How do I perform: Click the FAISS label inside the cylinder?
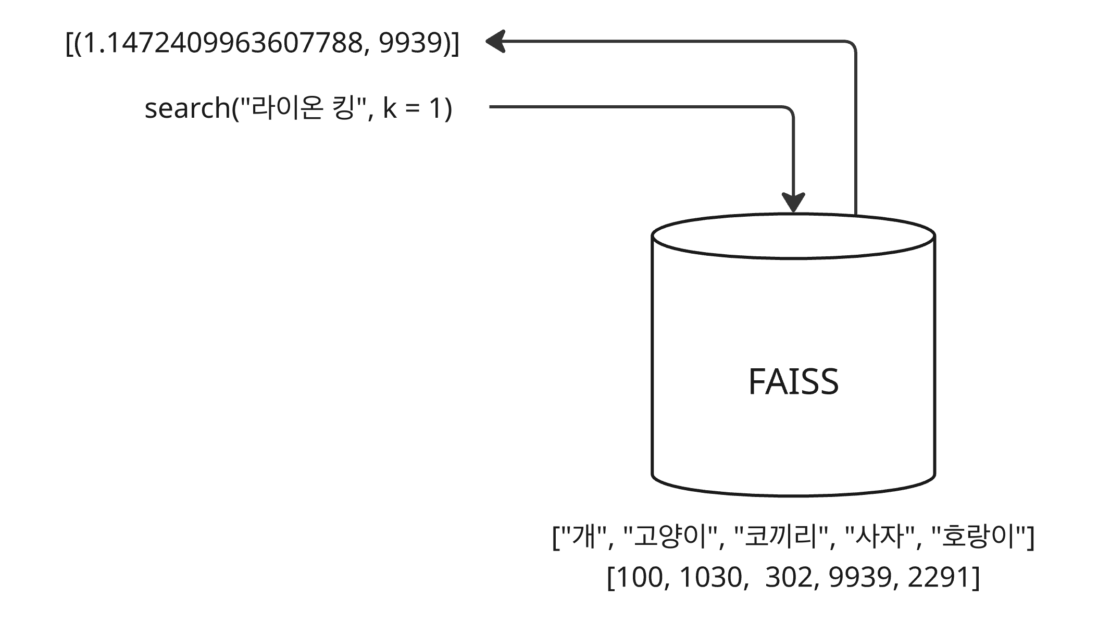(793, 382)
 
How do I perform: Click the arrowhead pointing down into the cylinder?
(793, 202)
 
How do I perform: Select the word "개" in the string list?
(583, 537)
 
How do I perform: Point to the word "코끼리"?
(781, 537)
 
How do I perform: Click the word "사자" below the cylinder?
(879, 537)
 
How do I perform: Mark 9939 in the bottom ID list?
(860, 577)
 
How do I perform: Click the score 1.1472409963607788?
(222, 43)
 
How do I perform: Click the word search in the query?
(187, 109)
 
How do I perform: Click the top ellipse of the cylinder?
(793, 236)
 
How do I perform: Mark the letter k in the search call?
(390, 109)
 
